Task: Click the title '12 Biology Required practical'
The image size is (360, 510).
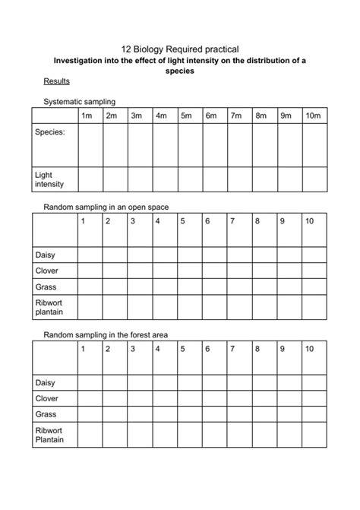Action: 180,48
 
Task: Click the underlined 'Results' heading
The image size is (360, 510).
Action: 56,81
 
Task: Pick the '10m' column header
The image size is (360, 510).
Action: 312,116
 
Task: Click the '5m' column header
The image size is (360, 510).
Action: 186,116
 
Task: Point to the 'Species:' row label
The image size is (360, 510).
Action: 51,132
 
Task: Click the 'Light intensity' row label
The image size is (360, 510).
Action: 50,179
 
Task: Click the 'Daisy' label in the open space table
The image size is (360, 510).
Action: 46,254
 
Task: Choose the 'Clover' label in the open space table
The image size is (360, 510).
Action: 47,271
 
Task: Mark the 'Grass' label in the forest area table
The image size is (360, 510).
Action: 46,414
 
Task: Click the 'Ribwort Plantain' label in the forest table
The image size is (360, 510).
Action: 50,435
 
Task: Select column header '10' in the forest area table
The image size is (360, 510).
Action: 309,349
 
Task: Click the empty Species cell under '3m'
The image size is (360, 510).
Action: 140,144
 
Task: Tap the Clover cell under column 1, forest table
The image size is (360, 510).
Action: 90,398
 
